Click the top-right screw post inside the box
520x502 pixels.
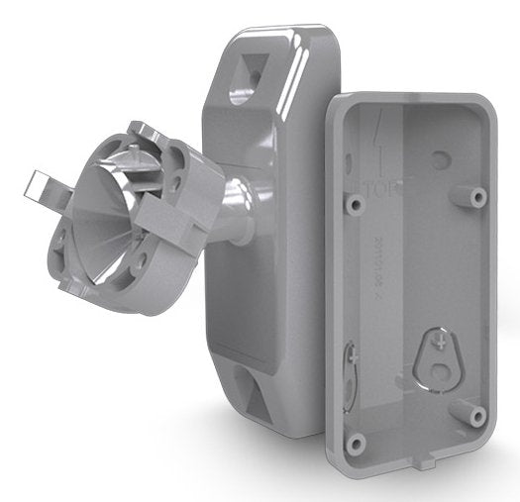(x=477, y=197)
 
